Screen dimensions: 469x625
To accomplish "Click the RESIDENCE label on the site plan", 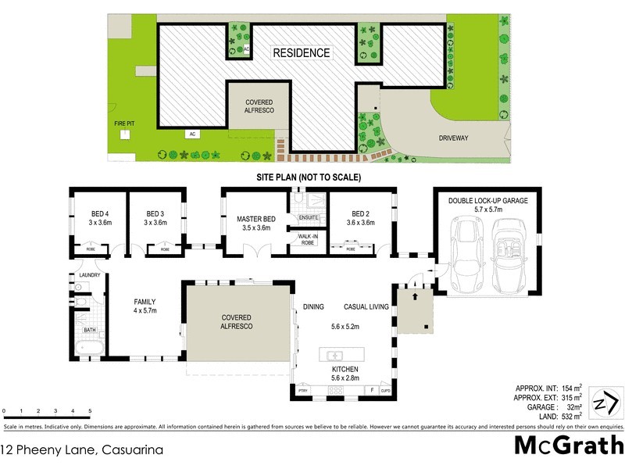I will coord(301,53).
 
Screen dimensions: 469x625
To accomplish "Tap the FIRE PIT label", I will coord(123,123).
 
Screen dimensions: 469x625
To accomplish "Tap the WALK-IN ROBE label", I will coord(305,238).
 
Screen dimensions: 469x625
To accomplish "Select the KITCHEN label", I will coord(345,369).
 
